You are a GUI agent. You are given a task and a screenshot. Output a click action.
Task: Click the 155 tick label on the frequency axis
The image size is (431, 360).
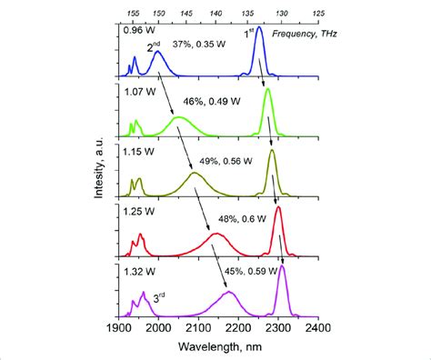click(x=134, y=15)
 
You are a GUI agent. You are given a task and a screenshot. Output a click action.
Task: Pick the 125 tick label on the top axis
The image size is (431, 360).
click(x=318, y=15)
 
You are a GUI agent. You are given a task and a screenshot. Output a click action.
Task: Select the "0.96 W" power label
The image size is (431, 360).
click(x=137, y=33)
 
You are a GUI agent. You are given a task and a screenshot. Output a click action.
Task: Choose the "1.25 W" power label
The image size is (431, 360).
click(x=137, y=211)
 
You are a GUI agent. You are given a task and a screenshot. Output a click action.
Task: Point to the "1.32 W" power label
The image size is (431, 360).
click(x=137, y=270)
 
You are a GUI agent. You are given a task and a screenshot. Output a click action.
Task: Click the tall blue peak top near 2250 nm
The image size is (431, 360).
click(x=259, y=29)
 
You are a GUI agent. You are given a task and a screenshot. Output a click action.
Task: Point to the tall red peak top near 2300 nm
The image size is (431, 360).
click(x=277, y=208)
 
